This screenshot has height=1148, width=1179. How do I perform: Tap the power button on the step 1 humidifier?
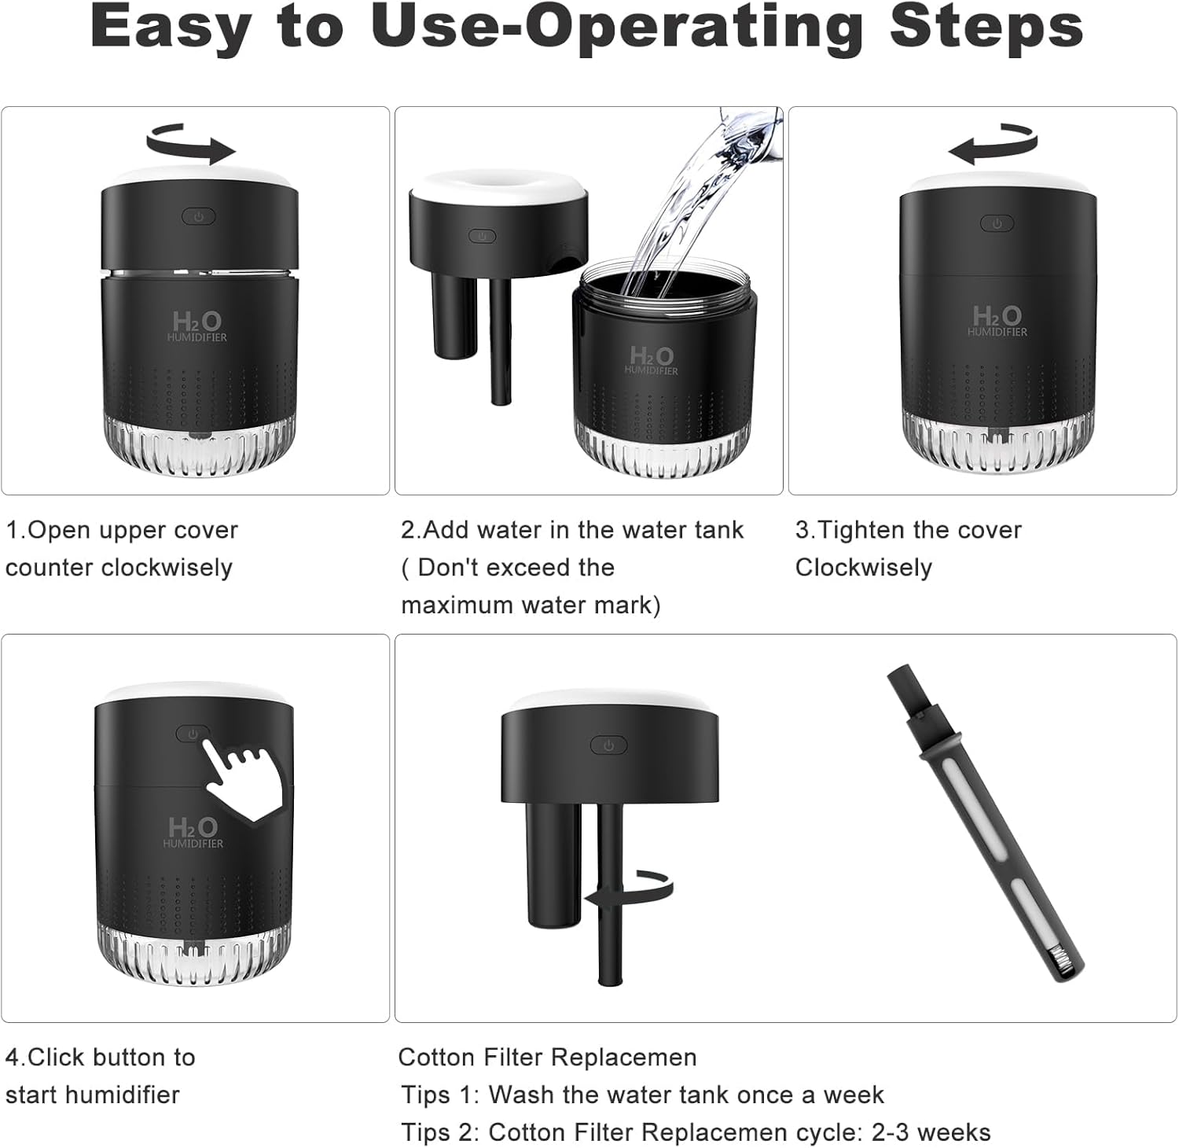pyautogui.click(x=199, y=216)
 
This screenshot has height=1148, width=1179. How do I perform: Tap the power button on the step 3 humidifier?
pyautogui.click(x=997, y=224)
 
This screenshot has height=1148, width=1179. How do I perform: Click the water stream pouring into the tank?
pyautogui.click(x=692, y=204)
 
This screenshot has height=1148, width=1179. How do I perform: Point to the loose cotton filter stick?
pyautogui.click(x=986, y=822)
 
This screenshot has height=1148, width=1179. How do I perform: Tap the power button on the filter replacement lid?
pyautogui.click(x=608, y=745)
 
